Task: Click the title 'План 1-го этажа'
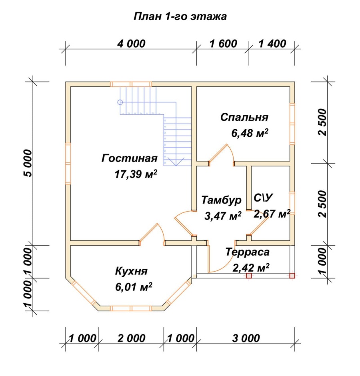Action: point(180,16)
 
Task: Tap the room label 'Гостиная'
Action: point(130,158)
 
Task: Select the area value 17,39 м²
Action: point(136,174)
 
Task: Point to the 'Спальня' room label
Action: point(244,118)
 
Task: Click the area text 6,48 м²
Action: point(250,133)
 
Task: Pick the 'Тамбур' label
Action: point(221,200)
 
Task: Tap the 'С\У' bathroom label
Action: point(263,198)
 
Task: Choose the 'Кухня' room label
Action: point(132,271)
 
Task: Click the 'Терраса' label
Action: point(248,252)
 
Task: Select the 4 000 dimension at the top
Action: point(131,44)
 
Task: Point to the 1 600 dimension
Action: point(223,44)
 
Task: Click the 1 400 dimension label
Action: point(272,44)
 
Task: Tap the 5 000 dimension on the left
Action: point(28,163)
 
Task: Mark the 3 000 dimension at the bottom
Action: point(246,338)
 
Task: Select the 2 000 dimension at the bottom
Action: point(132,338)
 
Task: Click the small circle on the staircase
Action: point(120,102)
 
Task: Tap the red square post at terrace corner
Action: point(292,276)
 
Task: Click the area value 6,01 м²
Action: point(134,286)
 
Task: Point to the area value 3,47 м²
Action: point(223,216)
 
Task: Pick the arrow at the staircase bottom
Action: point(176,161)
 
